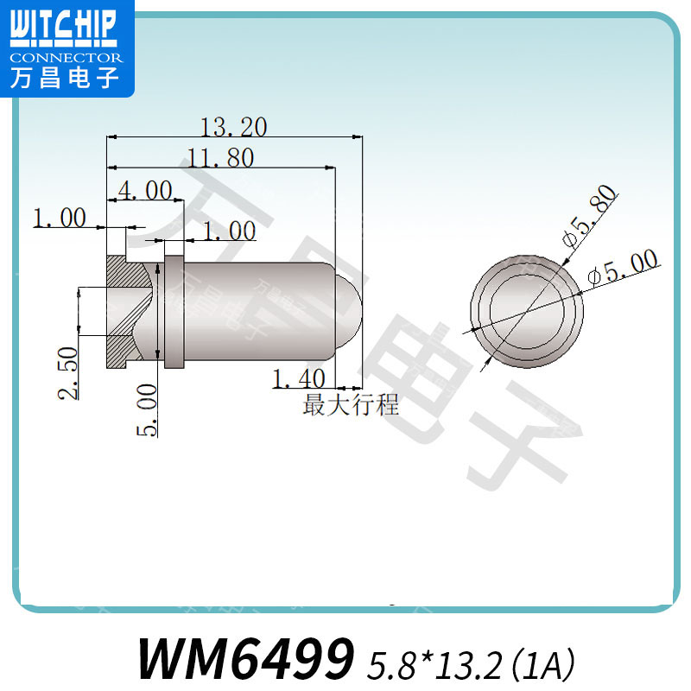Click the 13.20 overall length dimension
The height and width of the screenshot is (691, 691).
pyautogui.click(x=233, y=128)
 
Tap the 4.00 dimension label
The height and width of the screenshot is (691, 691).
pyautogui.click(x=144, y=191)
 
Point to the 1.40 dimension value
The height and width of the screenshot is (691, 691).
pyautogui.click(x=298, y=378)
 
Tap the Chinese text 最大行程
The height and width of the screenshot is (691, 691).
pyautogui.click(x=351, y=403)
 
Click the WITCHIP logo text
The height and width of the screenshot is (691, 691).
pyautogui.click(x=61, y=27)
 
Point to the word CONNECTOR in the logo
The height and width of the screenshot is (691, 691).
pyautogui.click(x=67, y=57)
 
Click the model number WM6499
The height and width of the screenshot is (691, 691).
pyautogui.click(x=246, y=659)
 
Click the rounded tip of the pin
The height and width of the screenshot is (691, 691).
pyautogui.click(x=347, y=311)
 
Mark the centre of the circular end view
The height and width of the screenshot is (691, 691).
pyautogui.click(x=527, y=311)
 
